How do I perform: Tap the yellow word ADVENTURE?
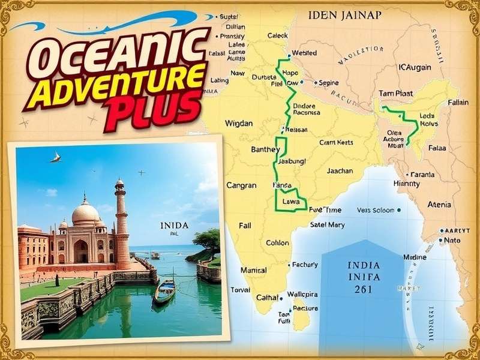(x=123, y=85)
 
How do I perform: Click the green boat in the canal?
(x=164, y=291)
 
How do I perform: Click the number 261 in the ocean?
(x=363, y=289)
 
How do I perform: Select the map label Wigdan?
(x=238, y=123)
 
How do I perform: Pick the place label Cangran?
(x=241, y=185)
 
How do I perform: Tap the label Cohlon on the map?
(x=277, y=243)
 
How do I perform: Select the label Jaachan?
(x=340, y=171)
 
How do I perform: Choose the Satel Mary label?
(x=327, y=225)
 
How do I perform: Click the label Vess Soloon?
(x=376, y=210)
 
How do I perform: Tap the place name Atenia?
(x=439, y=205)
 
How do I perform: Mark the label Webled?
(x=304, y=53)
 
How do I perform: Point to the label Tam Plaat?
(x=396, y=94)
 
